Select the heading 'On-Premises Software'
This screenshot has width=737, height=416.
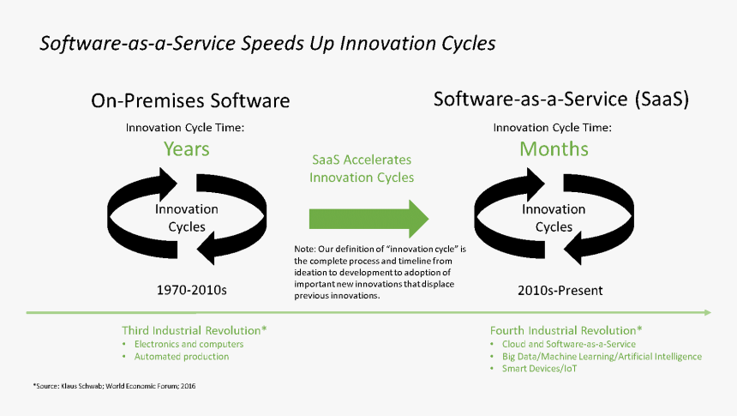tap(190, 100)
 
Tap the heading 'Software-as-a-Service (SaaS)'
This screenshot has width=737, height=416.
tap(561, 99)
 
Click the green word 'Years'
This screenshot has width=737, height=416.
tap(187, 149)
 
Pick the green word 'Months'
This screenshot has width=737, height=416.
tap(554, 149)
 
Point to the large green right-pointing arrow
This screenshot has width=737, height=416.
tap(368, 218)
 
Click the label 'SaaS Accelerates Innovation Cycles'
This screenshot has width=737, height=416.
tap(362, 169)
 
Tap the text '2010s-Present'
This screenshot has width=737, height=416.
tap(560, 290)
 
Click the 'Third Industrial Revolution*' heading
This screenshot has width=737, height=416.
tap(195, 330)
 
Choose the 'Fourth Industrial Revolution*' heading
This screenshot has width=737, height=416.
tap(566, 330)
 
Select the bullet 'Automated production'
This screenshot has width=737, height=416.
tap(181, 356)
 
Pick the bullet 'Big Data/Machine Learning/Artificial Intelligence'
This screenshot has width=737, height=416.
tap(602, 356)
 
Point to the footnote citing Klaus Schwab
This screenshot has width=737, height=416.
tap(115, 386)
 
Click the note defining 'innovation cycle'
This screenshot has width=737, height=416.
tap(379, 272)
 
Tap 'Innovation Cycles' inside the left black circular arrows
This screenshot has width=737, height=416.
tap(187, 218)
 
